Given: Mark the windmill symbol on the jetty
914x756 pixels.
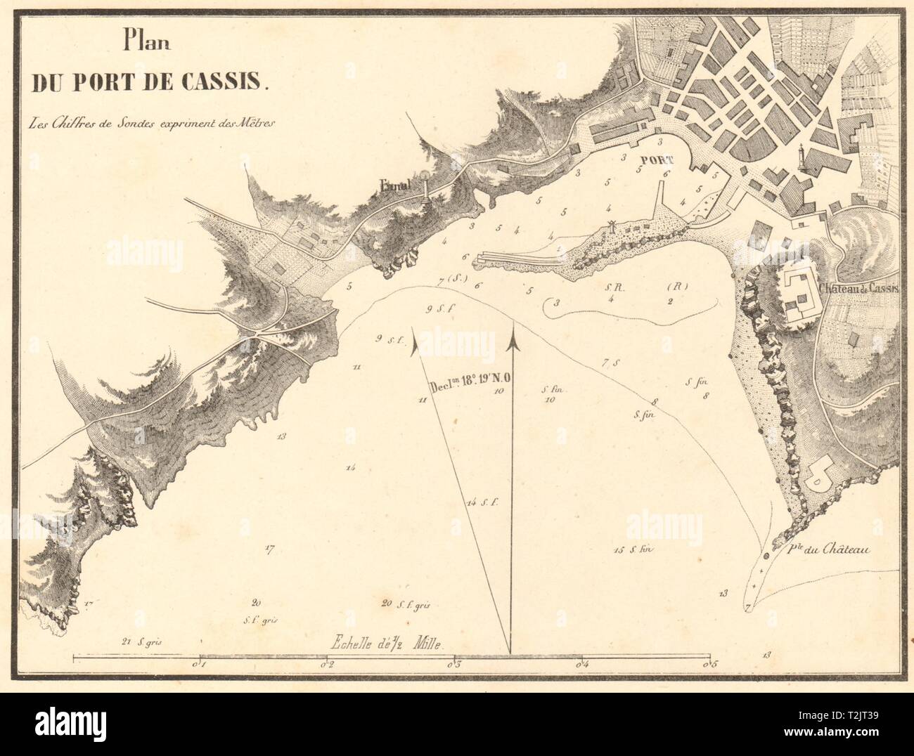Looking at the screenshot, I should tap(612, 225).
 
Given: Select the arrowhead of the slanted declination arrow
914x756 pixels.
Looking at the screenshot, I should tap(413, 344).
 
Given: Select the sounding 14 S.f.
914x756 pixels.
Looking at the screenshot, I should tap(482, 502).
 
